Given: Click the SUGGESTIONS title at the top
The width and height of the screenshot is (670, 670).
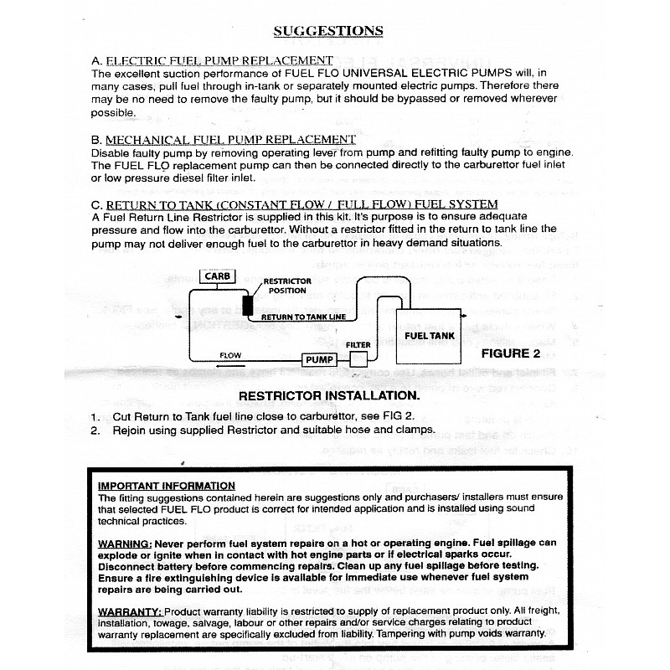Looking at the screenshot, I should click(x=328, y=31).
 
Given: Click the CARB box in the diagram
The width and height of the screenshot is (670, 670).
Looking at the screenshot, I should click(x=217, y=276).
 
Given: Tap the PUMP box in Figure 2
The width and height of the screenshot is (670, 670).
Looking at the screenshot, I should click(x=318, y=359).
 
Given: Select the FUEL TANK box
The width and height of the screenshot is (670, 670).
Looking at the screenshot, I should click(x=430, y=335).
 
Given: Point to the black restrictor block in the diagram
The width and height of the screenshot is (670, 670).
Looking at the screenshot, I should click(x=248, y=304).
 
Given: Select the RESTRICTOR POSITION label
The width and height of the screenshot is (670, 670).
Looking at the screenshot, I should click(x=287, y=286).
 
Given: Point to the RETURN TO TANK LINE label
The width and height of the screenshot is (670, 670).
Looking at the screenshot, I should click(x=302, y=317).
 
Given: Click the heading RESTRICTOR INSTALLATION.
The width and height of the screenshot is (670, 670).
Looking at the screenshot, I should click(x=329, y=394).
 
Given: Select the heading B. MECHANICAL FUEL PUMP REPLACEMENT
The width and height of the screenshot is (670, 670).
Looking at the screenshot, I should click(x=223, y=139).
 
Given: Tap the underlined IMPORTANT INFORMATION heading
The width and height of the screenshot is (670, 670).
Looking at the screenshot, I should click(x=167, y=486).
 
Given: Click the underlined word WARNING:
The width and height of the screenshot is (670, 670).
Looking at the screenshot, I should click(x=125, y=543).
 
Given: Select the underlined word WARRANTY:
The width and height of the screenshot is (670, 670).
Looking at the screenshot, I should click(x=130, y=612).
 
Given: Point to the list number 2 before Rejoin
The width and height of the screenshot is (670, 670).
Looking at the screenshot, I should click(x=95, y=430).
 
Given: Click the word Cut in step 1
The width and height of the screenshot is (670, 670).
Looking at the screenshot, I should click(x=122, y=416).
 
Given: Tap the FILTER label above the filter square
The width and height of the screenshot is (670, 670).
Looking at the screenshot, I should click(x=358, y=344).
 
